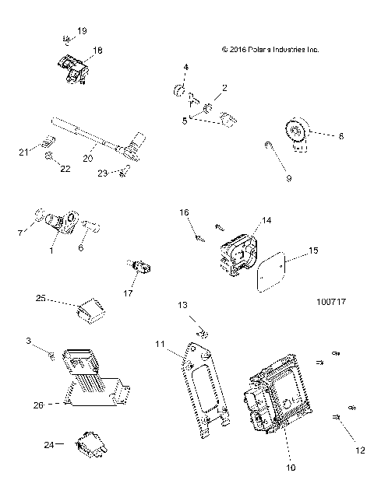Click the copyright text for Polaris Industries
270,49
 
